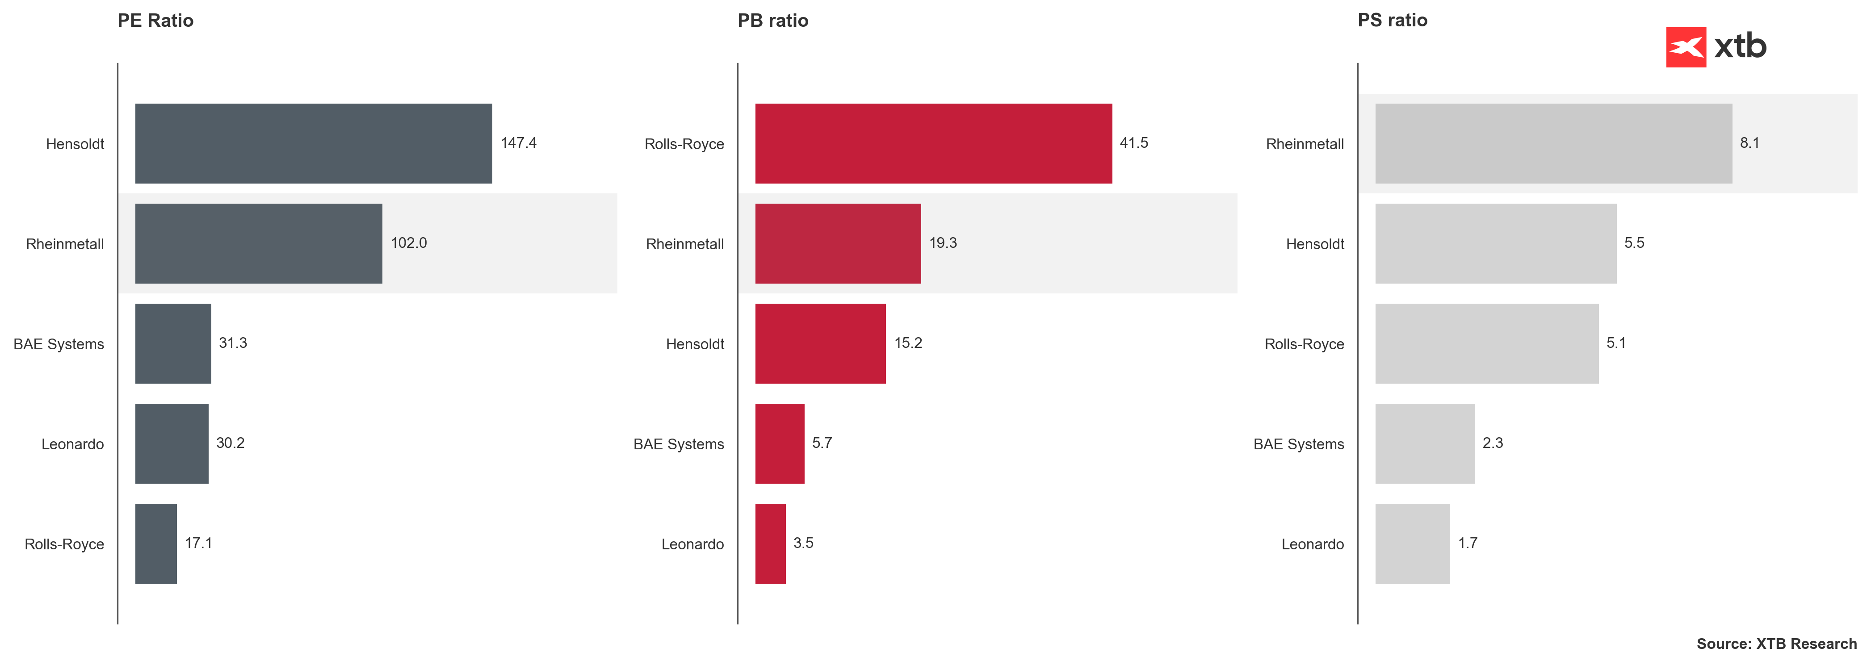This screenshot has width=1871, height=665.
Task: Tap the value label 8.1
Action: [x=1749, y=143]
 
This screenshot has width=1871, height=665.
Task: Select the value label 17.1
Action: [x=198, y=543]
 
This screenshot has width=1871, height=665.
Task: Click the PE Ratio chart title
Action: [x=155, y=21]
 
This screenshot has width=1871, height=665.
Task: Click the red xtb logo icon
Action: [x=1685, y=47]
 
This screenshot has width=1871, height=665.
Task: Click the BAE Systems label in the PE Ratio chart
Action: [x=59, y=344]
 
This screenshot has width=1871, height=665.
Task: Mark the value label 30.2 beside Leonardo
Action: [x=230, y=443]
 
